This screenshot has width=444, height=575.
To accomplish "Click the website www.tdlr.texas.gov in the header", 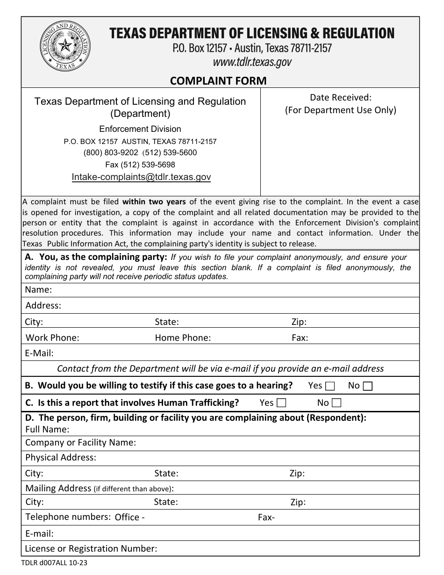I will tap(252, 62).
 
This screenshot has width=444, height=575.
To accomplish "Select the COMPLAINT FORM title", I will tap(218, 80).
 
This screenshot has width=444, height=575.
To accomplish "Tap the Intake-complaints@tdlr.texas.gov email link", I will tap(141, 177).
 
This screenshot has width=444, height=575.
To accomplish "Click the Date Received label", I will tap(340, 97).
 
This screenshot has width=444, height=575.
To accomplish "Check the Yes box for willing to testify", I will tap(330, 386).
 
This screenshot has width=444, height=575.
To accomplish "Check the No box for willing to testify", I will tap(367, 386).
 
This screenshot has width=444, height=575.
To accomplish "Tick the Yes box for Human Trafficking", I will tap(281, 403).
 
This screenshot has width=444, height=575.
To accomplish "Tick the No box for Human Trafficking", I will tap(337, 403).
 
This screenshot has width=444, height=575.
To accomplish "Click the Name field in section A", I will tap(234, 290).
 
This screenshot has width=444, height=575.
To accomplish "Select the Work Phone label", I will tap(52, 338).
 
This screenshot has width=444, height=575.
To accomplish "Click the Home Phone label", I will tap(183, 338).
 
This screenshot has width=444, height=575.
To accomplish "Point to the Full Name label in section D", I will tap(47, 429).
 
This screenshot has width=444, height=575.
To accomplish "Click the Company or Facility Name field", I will tap(276, 442).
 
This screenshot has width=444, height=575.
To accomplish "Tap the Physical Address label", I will tap(61, 457).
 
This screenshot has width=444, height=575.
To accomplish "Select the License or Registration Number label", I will tap(91, 548).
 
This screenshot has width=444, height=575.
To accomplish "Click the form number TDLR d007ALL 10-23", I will tap(54, 563).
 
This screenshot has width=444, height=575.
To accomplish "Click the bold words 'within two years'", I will tap(154, 202).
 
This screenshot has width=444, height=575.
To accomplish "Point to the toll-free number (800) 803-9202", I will tap(111, 152).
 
